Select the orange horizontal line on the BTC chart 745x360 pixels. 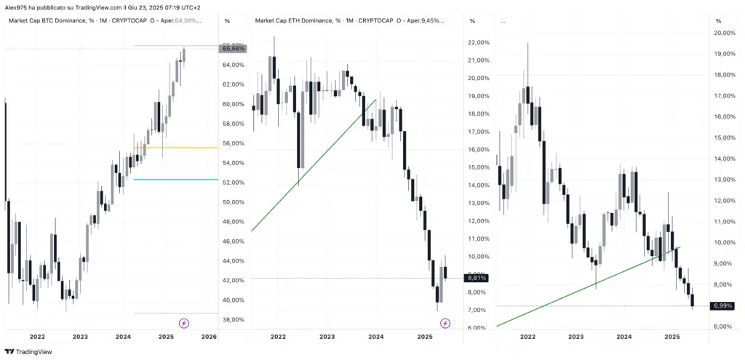pos(175,148)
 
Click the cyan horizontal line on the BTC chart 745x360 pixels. pos(175,180)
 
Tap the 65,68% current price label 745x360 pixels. pos(234,49)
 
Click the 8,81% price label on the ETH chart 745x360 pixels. pos(477,278)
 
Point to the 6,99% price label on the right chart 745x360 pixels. pos(722,306)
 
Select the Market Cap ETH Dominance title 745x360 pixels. pos(295,20)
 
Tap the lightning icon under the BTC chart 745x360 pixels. pos(184,322)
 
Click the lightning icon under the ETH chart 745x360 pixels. pos(445,322)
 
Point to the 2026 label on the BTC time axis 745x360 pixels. pos(209,337)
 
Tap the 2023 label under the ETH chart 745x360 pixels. pos(327,337)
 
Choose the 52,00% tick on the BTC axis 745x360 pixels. pos(234,183)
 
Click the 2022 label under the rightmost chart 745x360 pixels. pos(527,337)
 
